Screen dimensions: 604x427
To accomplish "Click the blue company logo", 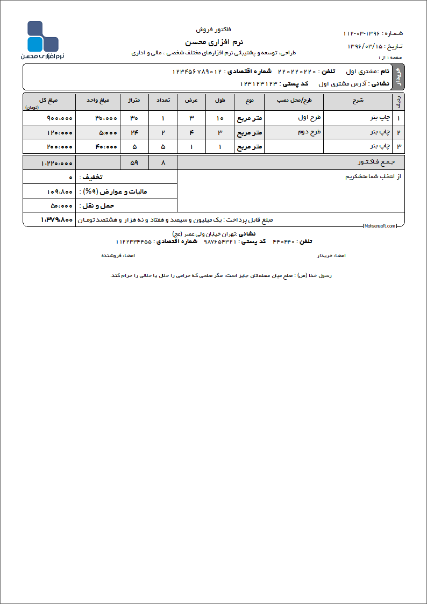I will click(x=42, y=37).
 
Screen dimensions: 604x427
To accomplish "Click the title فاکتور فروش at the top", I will click(x=214, y=29).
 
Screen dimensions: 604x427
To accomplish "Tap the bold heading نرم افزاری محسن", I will click(x=214, y=41).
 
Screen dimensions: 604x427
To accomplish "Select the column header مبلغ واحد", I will click(x=98, y=100).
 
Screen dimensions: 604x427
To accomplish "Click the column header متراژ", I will click(x=134, y=100).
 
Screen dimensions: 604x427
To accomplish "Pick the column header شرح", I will click(x=358, y=100).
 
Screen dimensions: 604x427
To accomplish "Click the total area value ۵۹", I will click(x=134, y=162).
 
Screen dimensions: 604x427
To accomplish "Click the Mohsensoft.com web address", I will click(x=379, y=226).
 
